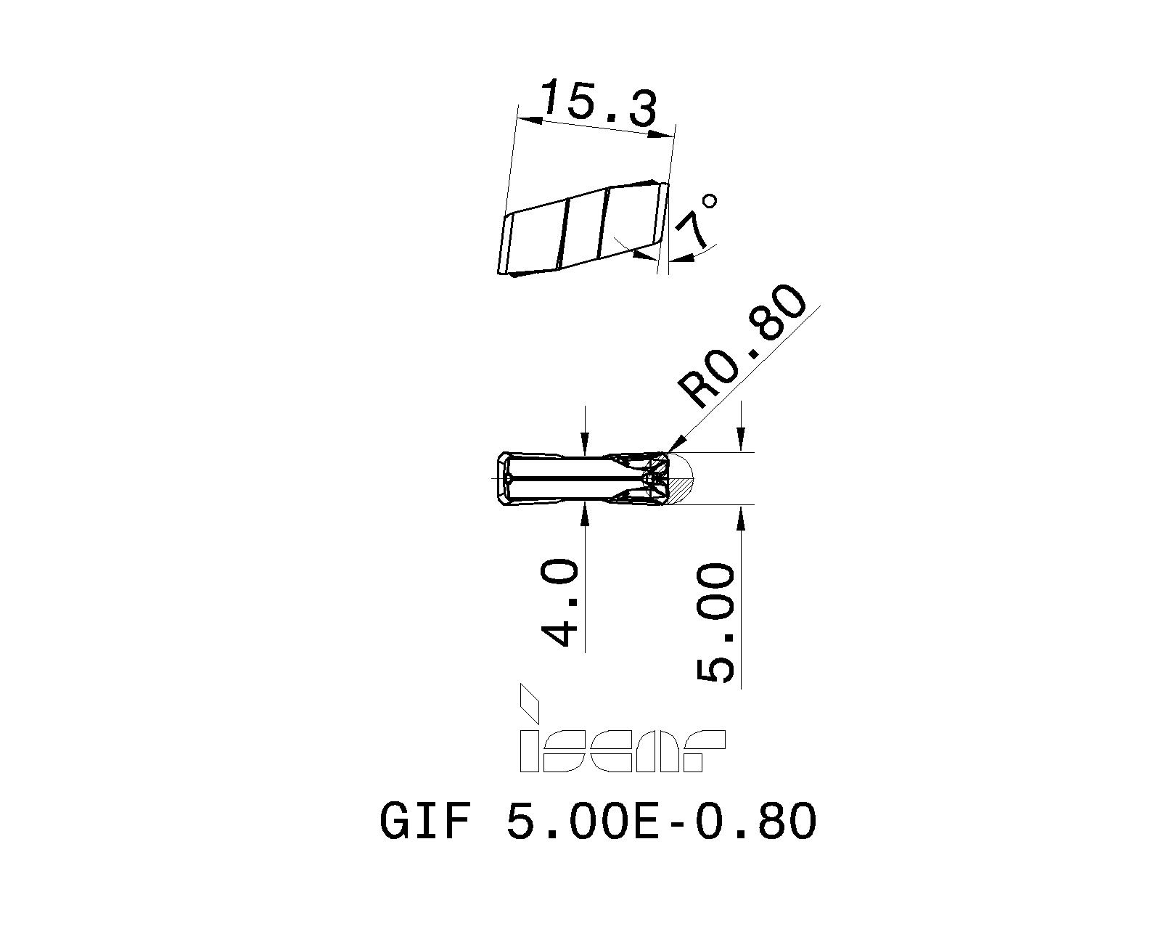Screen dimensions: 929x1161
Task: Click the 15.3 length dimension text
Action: (x=599, y=104)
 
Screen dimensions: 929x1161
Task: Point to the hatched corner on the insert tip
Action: (x=680, y=492)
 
